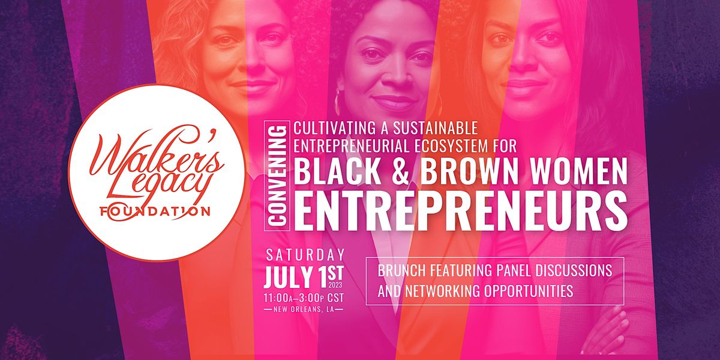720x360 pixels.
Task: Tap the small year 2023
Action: pyautogui.click(x=335, y=284)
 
